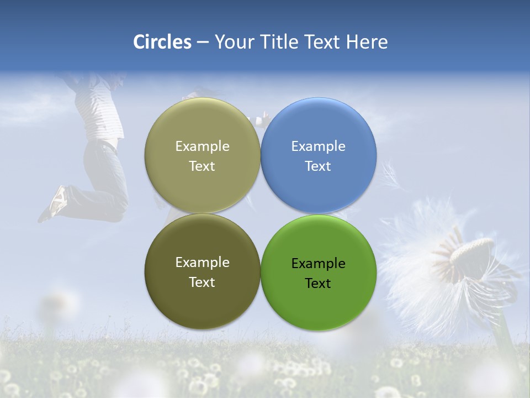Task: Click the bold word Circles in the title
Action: click(x=162, y=42)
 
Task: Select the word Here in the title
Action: click(x=367, y=42)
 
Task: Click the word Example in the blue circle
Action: click(x=319, y=146)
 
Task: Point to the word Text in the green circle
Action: click(x=318, y=284)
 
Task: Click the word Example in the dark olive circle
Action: click(x=202, y=263)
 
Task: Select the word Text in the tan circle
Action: click(x=202, y=166)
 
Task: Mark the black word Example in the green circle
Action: click(x=319, y=264)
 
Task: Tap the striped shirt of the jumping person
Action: click(x=99, y=108)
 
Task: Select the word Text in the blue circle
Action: click(x=318, y=166)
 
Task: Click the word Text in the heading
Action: click(x=322, y=42)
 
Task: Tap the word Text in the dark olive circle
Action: click(x=202, y=282)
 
